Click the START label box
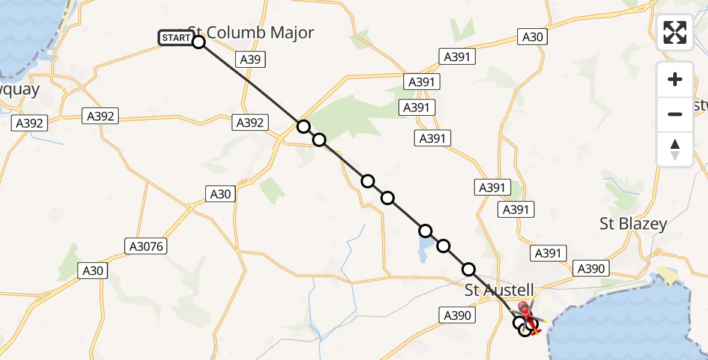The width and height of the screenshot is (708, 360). (x=175, y=38)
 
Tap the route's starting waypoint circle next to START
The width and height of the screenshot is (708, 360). (x=199, y=41)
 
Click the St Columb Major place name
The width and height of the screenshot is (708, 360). (x=251, y=32)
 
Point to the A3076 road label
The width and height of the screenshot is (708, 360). (x=146, y=245)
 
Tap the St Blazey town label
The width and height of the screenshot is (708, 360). (x=633, y=224)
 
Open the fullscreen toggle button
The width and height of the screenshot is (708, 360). (x=675, y=32)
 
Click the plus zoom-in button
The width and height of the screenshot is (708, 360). (x=675, y=79)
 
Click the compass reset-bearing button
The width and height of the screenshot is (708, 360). (x=675, y=149)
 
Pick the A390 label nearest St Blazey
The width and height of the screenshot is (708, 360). (x=590, y=268)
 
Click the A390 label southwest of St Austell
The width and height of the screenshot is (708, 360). (x=458, y=315)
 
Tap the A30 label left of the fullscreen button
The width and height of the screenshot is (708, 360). (x=532, y=37)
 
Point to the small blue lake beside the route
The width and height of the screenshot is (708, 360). (x=422, y=248)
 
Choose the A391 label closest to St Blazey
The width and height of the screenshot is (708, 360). (x=547, y=253)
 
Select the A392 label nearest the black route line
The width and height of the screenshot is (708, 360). (x=250, y=122)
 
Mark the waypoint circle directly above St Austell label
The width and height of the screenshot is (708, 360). (x=469, y=269)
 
